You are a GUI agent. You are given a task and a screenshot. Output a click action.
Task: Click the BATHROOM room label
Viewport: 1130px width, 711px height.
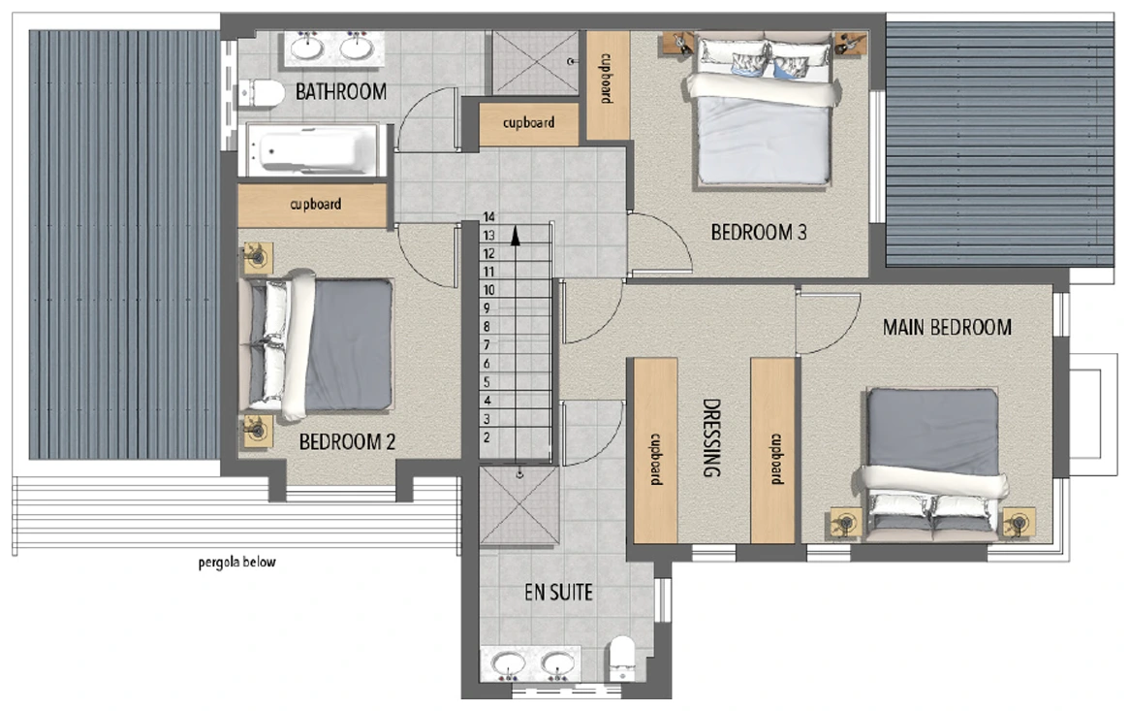coord(341,91)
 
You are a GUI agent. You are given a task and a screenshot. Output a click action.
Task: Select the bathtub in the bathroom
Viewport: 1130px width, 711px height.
coord(312,150)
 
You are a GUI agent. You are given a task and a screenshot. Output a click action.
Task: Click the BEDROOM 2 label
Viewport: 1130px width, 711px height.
coord(347,441)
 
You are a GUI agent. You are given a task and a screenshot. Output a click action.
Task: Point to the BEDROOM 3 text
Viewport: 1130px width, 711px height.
coord(759,232)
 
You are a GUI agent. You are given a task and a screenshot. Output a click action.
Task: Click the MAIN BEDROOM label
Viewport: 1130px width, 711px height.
coord(947,328)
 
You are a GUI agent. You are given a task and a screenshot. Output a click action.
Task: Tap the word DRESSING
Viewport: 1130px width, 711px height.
coord(711,437)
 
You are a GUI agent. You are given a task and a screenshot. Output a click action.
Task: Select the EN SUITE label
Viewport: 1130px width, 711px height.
coord(558,593)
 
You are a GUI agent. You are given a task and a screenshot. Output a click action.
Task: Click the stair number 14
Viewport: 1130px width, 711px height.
coord(489,217)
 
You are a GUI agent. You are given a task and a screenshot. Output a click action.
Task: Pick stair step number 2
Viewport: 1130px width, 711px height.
coord(487,437)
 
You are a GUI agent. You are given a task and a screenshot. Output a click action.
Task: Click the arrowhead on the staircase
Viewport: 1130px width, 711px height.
coord(516,236)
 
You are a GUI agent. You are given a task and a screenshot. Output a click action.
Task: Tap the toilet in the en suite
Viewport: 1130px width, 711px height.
coord(622,658)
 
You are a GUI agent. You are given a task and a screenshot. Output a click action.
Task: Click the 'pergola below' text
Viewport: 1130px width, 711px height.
coord(237,562)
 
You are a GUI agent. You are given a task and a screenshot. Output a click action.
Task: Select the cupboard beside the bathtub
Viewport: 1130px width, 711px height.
coord(312,205)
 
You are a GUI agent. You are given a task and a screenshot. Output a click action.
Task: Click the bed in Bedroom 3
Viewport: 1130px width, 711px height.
coord(763,109)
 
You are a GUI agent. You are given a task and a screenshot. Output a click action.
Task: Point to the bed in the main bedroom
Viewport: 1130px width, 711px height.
coord(932,464)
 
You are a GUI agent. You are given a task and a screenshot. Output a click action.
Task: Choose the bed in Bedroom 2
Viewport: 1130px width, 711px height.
coord(319,345)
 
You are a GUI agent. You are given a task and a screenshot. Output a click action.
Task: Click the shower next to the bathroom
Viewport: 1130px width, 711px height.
coord(535,63)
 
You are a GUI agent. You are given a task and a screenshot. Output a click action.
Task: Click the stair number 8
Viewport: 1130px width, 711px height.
coord(487,327)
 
